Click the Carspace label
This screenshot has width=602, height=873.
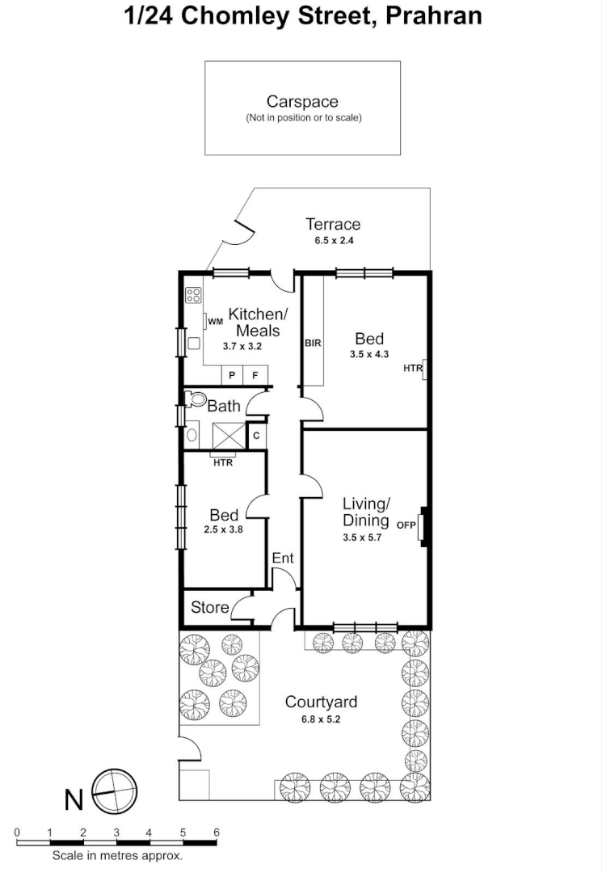(x=302, y=102)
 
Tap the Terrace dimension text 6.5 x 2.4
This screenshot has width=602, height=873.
(x=332, y=240)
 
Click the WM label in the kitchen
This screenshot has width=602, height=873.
(x=215, y=322)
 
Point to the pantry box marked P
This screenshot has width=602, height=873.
(x=232, y=375)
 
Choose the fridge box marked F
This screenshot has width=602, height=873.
(x=255, y=375)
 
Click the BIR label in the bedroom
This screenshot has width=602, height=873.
(x=313, y=343)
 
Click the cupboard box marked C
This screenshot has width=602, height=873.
(x=256, y=436)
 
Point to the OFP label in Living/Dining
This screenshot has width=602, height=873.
(x=406, y=525)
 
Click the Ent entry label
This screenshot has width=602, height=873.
(x=283, y=559)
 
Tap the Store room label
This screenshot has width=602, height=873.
(x=209, y=607)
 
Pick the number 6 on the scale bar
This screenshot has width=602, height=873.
(x=216, y=832)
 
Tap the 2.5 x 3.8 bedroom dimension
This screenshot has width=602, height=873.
(x=224, y=530)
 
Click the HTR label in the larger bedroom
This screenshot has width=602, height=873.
(x=412, y=369)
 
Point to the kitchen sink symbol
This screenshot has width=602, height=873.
(x=194, y=343)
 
